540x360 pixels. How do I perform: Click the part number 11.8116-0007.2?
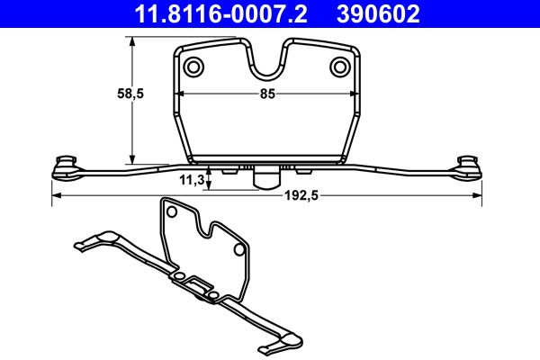coord(213,13)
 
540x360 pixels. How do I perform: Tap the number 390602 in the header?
coord(377,13)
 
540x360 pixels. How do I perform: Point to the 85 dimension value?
coord(267,93)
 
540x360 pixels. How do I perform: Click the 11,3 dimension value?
coord(191,180)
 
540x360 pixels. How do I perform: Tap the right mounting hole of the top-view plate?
coord(339,67)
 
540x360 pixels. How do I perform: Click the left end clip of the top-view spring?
coord(66,163)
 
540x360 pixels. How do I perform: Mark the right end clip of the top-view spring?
coord(467,163)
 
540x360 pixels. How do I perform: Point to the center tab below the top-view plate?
coord(265,178)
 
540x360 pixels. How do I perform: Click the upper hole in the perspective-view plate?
coord(168,212)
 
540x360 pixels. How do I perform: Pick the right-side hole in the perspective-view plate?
coord(238,248)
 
